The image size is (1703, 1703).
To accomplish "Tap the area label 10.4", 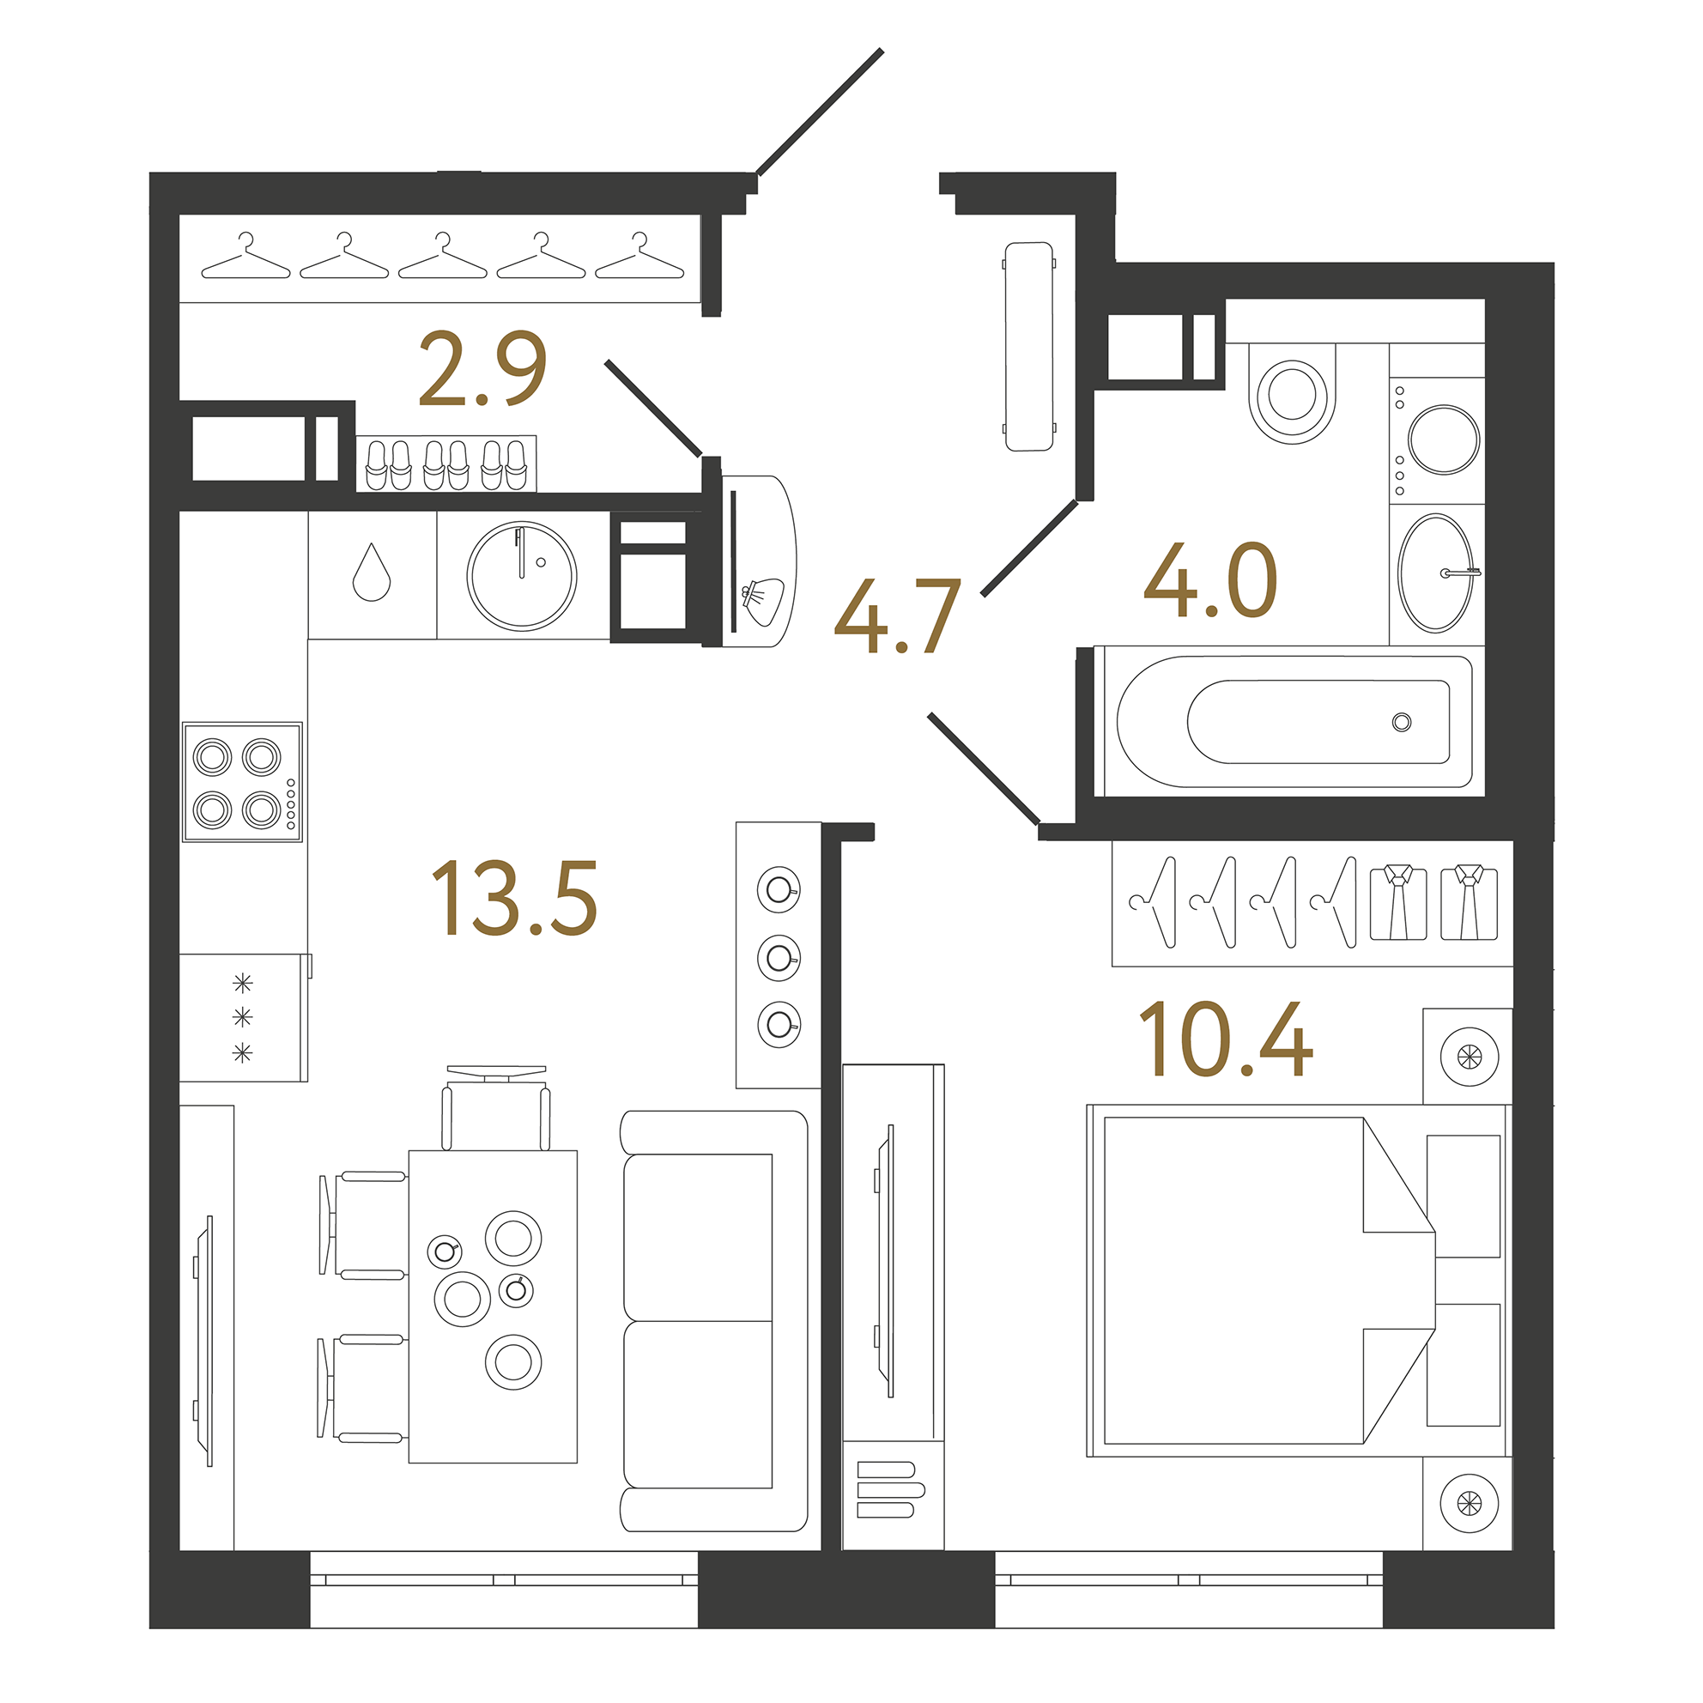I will coord(1225,1039).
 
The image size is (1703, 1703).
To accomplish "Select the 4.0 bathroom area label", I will coord(1209,581).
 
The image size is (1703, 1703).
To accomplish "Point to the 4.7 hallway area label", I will coord(896,617).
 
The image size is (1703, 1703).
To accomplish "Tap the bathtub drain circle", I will coord(1402,722).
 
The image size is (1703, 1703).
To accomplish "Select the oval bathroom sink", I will coord(1435,573).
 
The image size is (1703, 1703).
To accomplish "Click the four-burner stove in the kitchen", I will coord(242,782).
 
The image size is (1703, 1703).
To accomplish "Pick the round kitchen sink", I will coord(522,576).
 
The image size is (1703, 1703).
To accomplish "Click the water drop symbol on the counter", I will coord(371,574).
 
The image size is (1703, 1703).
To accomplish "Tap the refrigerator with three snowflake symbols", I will coord(242,1017).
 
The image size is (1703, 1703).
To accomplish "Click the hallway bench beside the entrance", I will coord(1028,347).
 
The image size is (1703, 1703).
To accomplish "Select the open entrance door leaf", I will coord(820,111).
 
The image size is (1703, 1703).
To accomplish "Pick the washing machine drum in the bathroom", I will coord(1443,439).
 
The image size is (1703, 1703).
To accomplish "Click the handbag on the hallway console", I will coord(763,601).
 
